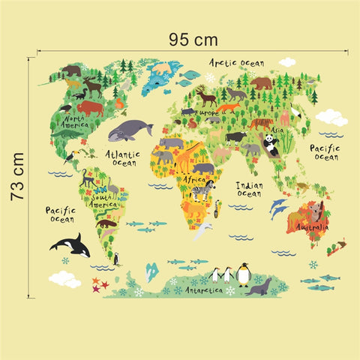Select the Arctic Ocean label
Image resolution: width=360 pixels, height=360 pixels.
tap(237, 63)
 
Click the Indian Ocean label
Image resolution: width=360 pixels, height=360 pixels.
tap(248, 189)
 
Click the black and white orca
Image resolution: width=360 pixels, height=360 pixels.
tap(69, 244)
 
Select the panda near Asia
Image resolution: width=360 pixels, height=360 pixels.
tap(271, 145)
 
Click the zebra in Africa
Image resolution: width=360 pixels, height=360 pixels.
tap(203, 190)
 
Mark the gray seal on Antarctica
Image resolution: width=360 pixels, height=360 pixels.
tap(259, 286)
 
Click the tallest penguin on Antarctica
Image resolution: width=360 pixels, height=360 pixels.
tap(244, 274)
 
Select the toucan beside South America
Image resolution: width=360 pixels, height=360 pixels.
tap(69, 157)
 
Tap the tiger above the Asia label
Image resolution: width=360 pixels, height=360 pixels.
tap(261, 123)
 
